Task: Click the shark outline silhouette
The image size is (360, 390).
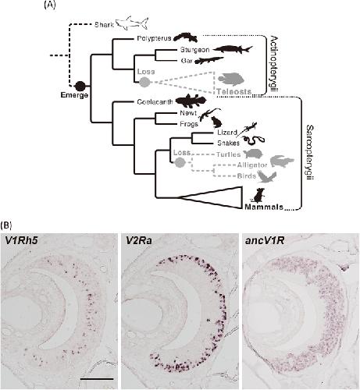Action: tap(132, 23)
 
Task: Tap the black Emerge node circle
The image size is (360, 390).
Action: tap(80, 86)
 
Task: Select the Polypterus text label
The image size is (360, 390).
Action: tap(154, 38)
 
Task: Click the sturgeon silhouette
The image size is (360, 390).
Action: tap(233, 49)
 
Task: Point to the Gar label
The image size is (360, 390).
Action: tap(187, 61)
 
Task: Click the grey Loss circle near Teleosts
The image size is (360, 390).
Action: tap(145, 83)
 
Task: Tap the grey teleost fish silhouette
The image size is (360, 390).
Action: tap(231, 80)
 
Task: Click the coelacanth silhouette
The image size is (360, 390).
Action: tap(191, 101)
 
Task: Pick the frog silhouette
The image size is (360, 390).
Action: tap(216, 122)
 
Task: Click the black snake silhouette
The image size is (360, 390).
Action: tap(255, 140)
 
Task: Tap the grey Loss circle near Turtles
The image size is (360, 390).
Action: tap(180, 162)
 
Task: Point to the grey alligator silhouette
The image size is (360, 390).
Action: tap(282, 161)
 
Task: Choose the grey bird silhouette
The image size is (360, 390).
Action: tap(267, 177)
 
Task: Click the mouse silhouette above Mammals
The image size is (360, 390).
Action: tap(258, 196)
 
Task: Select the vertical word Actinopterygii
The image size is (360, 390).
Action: tap(273, 64)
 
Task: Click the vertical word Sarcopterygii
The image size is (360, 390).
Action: tap(310, 152)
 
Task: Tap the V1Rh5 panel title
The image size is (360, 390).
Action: tap(21, 241)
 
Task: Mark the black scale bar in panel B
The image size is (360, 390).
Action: tap(97, 379)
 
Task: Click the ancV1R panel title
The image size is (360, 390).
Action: tap(265, 241)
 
